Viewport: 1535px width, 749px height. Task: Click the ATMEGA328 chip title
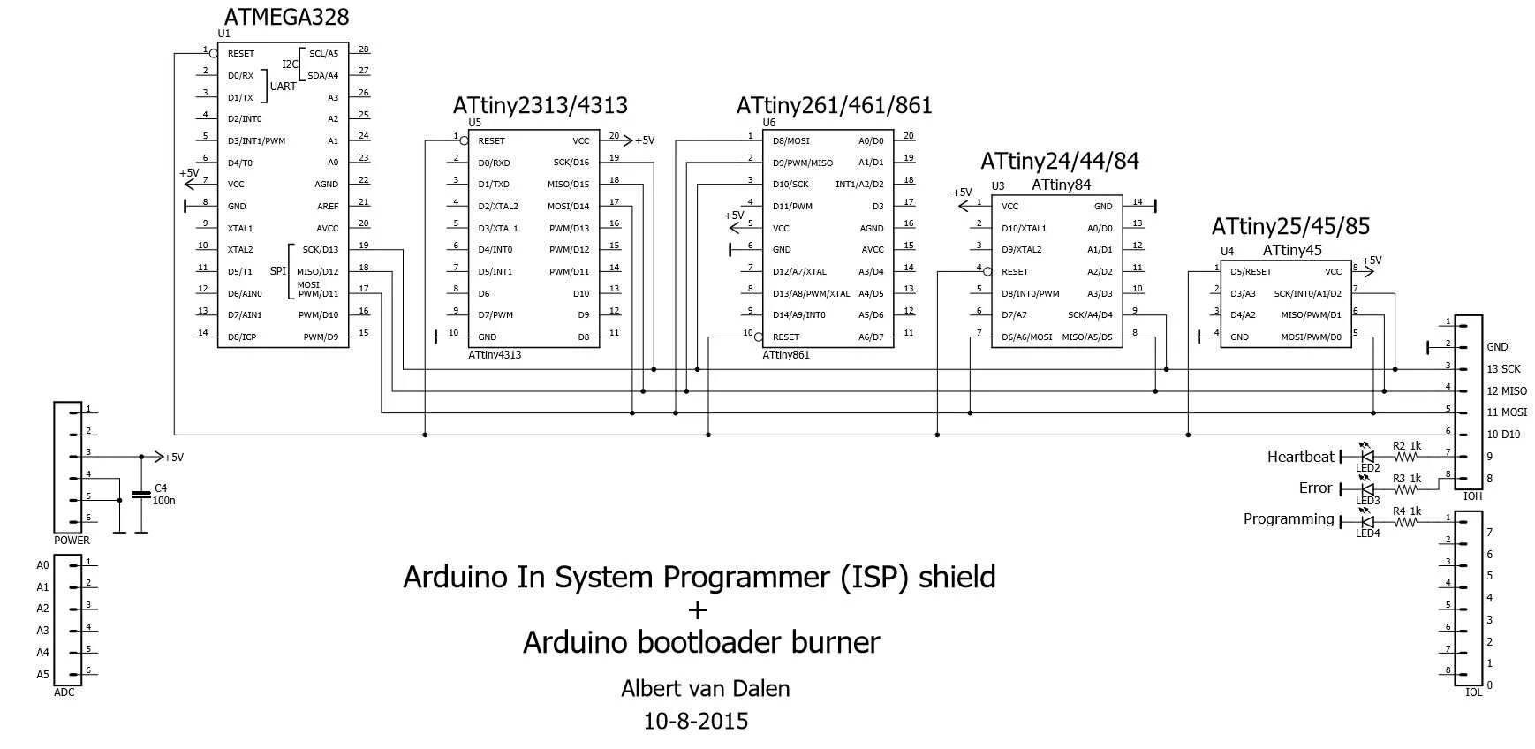click(286, 17)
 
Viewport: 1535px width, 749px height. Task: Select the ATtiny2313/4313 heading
click(540, 105)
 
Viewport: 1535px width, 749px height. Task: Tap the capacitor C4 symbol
click(140, 495)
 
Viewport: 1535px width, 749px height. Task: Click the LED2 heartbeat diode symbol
click(1367, 456)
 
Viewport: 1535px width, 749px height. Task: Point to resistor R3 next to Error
click(1403, 488)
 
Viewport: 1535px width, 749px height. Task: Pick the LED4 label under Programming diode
click(1367, 533)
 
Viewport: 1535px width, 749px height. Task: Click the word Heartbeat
click(1300, 457)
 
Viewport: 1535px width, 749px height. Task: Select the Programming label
click(1288, 518)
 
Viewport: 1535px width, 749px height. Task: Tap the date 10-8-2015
click(696, 722)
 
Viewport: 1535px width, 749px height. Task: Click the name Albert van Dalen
click(705, 688)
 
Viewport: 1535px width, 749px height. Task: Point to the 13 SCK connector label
click(1503, 369)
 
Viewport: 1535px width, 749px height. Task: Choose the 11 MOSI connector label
click(1506, 412)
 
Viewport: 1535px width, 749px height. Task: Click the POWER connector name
click(72, 541)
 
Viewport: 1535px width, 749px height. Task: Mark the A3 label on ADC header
click(42, 631)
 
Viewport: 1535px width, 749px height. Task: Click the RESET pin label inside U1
click(240, 54)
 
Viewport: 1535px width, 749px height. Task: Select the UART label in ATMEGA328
click(283, 87)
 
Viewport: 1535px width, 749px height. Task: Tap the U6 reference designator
click(768, 123)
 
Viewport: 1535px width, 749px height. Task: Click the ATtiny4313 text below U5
click(495, 355)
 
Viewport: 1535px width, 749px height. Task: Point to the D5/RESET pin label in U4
click(1251, 272)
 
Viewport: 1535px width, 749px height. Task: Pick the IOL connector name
click(1473, 692)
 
